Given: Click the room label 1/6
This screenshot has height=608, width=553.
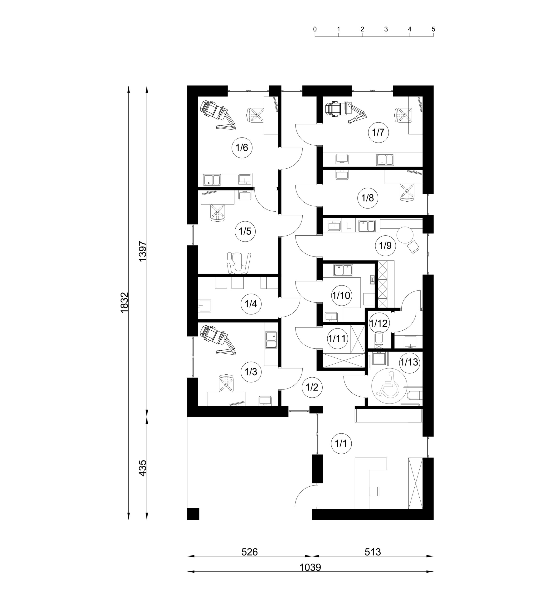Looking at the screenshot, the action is (242, 148).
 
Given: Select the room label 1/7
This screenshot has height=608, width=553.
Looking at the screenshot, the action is (378, 132).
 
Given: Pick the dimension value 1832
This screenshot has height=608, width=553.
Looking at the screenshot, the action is (124, 303).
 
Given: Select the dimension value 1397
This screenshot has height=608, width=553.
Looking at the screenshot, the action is (142, 251).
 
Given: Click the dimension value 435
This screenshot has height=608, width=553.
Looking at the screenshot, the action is (142, 468).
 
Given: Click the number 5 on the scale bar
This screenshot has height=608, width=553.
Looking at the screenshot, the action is (433, 29).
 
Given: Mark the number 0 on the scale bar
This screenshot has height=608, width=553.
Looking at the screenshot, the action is (315, 29).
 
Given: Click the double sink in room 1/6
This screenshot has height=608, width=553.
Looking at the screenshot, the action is (212, 180).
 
